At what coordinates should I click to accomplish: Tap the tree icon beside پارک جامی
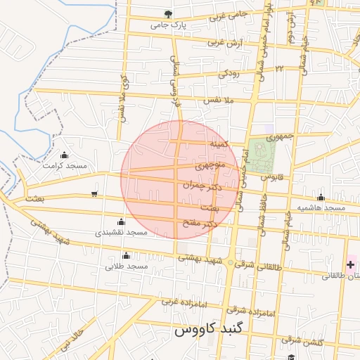(167, 13)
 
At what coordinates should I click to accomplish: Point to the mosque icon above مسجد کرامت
(65, 155)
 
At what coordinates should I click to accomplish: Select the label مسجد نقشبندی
(120, 231)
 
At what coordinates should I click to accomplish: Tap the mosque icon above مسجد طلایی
(126, 255)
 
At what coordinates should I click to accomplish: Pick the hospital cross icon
(350, 264)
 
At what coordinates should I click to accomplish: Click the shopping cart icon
(94, 194)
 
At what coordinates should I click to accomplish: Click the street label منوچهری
(211, 167)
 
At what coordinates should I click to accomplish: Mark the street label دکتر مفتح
(198, 224)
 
